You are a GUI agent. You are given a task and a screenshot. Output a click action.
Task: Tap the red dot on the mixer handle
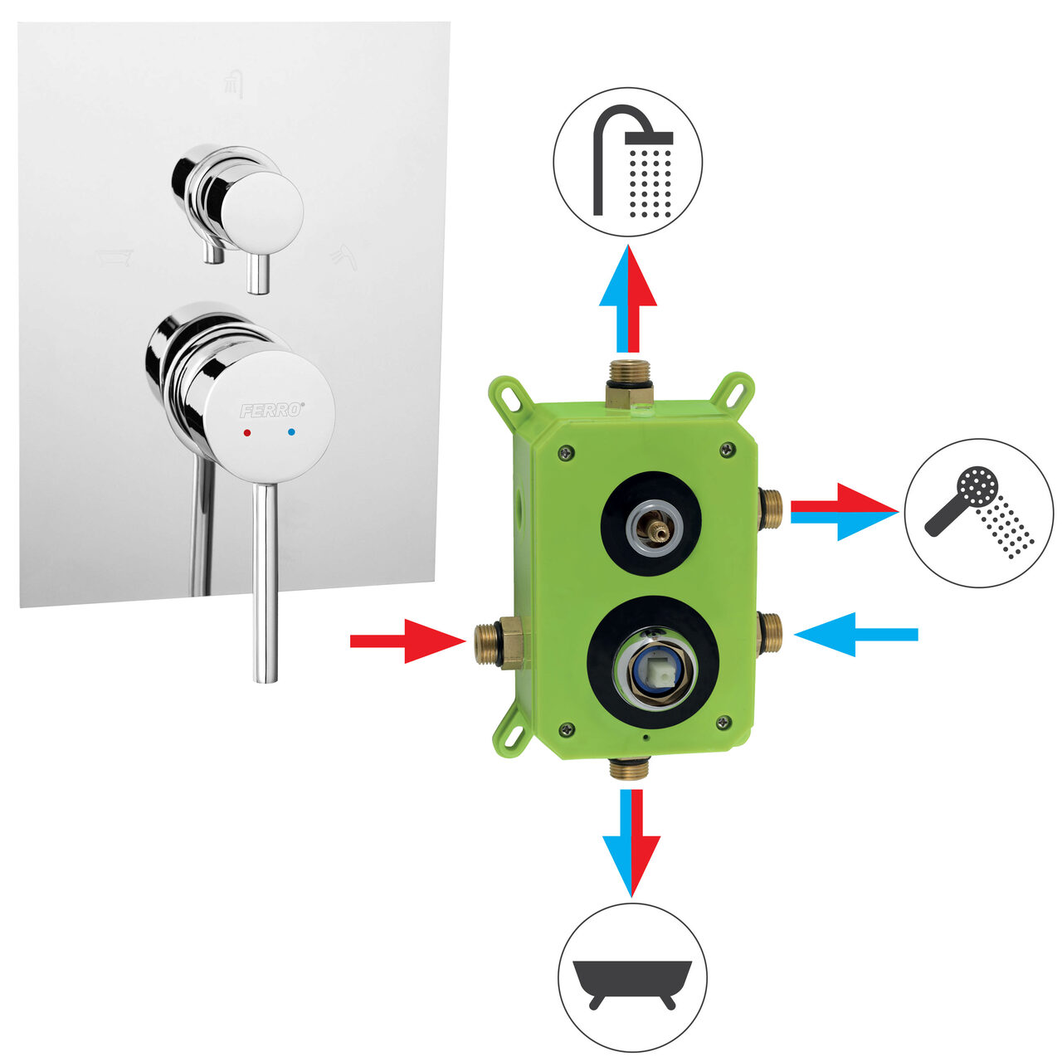[247, 433]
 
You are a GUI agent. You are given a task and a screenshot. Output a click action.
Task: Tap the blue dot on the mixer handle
[291, 432]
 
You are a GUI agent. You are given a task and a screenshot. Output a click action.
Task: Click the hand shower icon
[979, 513]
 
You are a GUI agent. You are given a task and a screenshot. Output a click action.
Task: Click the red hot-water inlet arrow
[408, 641]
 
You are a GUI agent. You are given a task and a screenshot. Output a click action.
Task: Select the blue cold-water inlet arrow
[856, 635]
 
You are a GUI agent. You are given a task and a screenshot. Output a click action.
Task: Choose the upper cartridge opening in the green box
[650, 524]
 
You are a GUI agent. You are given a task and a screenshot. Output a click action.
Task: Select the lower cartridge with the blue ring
[653, 662]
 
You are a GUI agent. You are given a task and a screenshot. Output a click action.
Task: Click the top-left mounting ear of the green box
[508, 397]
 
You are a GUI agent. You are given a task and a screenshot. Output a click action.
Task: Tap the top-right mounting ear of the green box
[734, 392]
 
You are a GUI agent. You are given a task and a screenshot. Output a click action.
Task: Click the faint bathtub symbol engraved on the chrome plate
[114, 258]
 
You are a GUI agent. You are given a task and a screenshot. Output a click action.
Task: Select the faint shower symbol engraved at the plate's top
[234, 84]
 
